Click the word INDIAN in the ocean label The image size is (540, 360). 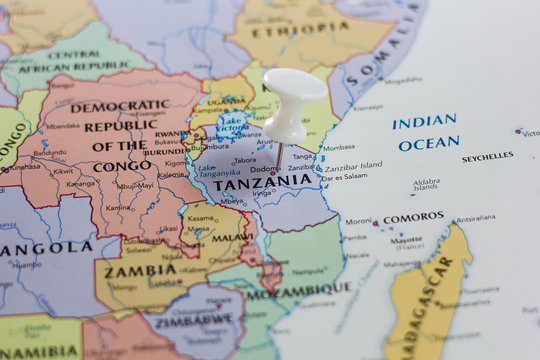tap(424, 122)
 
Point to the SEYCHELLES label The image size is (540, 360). tap(487, 157)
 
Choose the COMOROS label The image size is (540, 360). tap(412, 216)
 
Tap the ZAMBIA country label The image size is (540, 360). tap(141, 270)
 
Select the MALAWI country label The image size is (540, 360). tap(232, 237)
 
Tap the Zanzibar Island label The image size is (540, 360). tap(353, 165)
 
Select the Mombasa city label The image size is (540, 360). tap(337, 147)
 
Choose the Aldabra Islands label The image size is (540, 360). tap(426, 185)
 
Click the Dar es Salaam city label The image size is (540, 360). tap(344, 176)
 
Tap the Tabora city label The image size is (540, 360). tap(245, 159)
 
